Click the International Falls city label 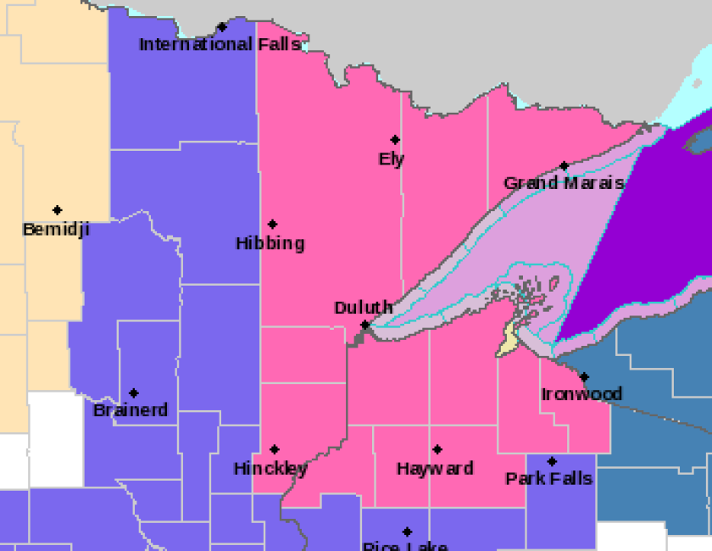pos(220,44)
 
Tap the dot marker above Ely pos(395,140)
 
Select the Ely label pos(392,159)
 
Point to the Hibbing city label pos(270,243)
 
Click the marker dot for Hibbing pos(273,225)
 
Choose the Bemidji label pos(56,229)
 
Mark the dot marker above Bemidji pos(58,210)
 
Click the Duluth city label pos(363,308)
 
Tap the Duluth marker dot pos(365,325)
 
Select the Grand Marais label pos(564,183)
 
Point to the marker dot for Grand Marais pos(564,166)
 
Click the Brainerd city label pos(131,410)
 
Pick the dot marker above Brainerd pos(134,393)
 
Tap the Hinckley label pos(270,469)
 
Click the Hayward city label pos(435,469)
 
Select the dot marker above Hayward pos(437,450)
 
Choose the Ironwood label pos(581,394)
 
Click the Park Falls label pos(548,479)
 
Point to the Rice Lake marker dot pos(408,532)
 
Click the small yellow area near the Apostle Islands pos(508,340)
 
